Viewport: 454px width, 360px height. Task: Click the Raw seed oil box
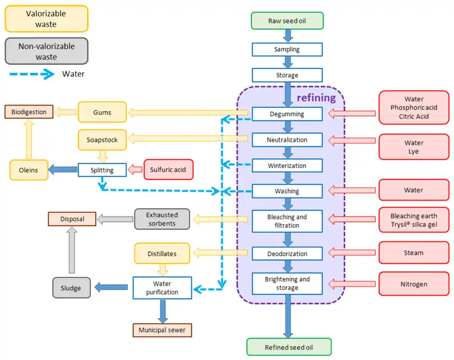[x=287, y=21]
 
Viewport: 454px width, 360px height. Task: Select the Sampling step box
[x=287, y=50]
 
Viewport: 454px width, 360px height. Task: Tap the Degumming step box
[x=287, y=114]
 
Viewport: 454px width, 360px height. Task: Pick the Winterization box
[x=287, y=165]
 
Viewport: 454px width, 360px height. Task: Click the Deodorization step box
[x=287, y=254]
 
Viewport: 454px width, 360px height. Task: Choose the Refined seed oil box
[x=288, y=347]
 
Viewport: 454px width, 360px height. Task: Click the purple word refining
[x=316, y=98]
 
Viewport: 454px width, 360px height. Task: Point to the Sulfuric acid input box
[x=168, y=169]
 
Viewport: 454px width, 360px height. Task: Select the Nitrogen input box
[x=414, y=284]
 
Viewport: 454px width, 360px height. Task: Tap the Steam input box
[x=414, y=253]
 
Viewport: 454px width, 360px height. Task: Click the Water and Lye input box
[x=414, y=147]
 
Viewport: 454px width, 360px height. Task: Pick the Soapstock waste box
[x=102, y=140]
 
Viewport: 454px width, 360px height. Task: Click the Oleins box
[x=29, y=170]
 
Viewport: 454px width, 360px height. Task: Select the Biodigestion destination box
[x=29, y=112]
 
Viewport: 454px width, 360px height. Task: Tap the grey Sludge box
[x=71, y=288]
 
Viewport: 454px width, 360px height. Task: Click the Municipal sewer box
[x=162, y=330]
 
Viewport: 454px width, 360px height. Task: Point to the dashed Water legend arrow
[x=31, y=74]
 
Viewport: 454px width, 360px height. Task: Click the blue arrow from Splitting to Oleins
[x=63, y=169]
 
